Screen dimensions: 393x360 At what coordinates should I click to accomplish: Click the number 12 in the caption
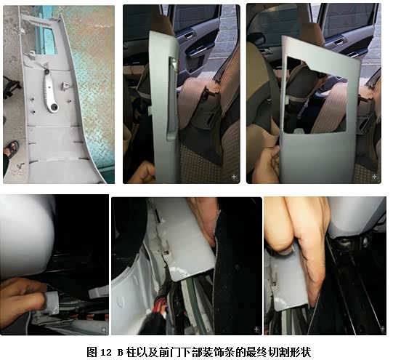coord(105,353)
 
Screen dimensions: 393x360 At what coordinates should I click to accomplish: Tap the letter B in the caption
coord(121,353)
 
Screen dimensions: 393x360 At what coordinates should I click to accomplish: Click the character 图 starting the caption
coord(92,352)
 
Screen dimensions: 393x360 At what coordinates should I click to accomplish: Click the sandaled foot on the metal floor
coord(11,148)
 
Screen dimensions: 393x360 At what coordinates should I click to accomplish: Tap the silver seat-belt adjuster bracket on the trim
coord(51,91)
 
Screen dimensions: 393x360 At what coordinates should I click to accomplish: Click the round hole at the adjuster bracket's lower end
coord(54,108)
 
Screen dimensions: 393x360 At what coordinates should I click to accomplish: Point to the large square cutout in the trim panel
coord(316,95)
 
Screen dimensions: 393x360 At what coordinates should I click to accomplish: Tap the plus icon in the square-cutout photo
coord(374,177)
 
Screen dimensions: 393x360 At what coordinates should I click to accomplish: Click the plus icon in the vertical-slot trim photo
coord(234,177)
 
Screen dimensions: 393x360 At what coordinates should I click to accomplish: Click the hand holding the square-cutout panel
coord(267,163)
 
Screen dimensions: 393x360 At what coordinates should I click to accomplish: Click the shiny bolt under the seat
coord(365,241)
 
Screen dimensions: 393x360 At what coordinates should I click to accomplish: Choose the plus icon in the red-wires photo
coord(256,329)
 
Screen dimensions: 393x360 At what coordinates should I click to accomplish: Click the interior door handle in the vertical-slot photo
coord(190,36)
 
